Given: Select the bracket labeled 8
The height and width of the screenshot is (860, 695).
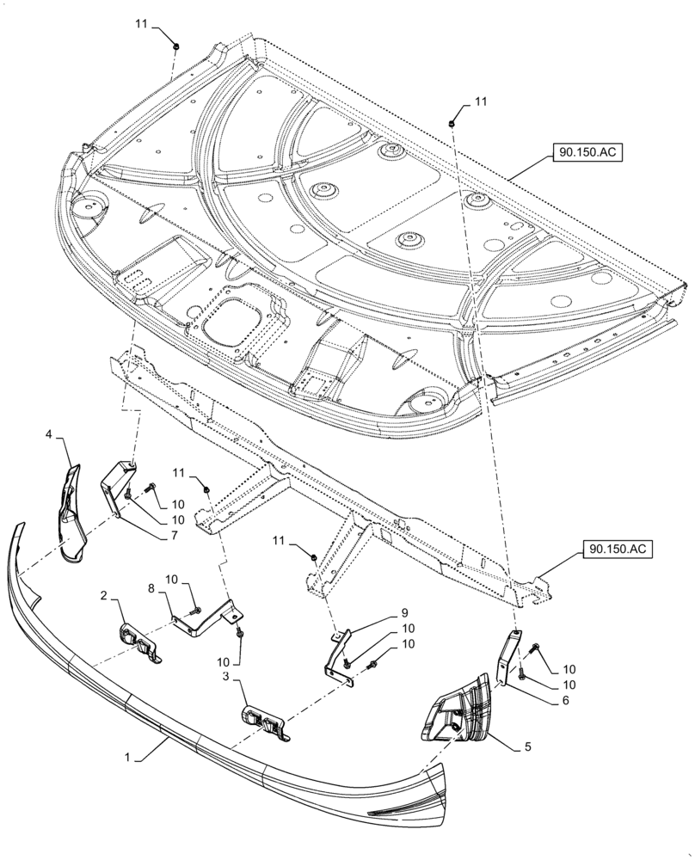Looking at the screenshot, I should pos(206,621).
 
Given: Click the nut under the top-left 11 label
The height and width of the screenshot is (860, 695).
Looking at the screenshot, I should pos(175,44).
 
